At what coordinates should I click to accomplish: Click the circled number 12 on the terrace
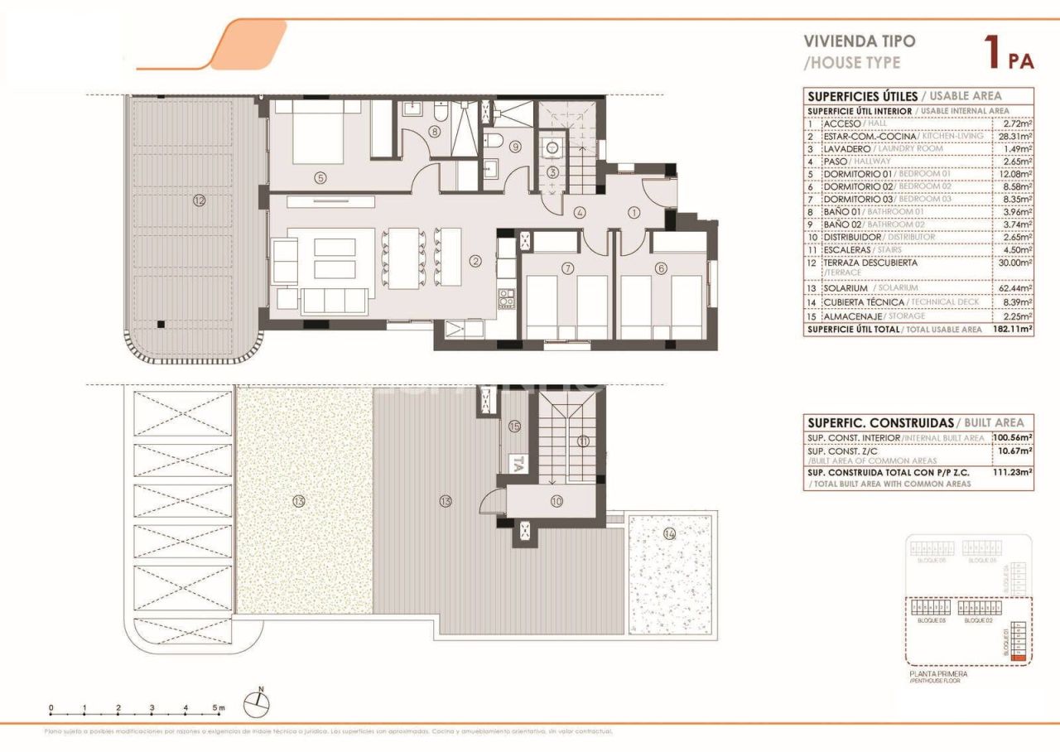[x=198, y=200]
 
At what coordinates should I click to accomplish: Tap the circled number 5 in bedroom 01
[x=318, y=176]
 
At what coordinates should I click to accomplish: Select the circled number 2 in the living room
[x=475, y=262]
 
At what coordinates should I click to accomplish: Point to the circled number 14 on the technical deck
[x=669, y=534]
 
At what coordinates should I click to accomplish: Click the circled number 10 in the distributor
[x=554, y=501]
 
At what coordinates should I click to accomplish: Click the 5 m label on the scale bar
[x=218, y=708]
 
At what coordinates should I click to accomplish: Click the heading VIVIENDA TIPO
[x=860, y=41]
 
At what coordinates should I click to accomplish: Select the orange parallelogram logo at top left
[x=248, y=45]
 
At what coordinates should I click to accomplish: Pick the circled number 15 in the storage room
[x=514, y=427]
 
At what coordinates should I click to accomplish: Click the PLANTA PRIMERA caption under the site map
[x=937, y=674]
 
